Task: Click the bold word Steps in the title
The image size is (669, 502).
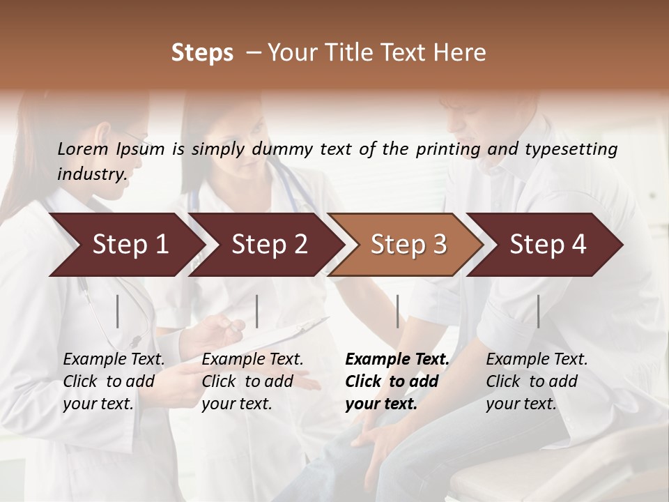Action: coord(202,52)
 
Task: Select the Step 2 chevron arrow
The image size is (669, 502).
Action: coord(269,245)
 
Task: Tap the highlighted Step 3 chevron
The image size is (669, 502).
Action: coord(408,245)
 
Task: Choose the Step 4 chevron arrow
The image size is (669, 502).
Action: coord(548,245)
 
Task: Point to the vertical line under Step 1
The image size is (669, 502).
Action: coord(118,311)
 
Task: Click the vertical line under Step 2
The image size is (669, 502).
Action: coord(257,311)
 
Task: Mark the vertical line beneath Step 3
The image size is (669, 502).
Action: coord(397,311)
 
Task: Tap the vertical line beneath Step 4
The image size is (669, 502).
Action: coord(538,311)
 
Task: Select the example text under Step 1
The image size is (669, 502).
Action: coord(114,381)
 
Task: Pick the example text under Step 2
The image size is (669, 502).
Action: coord(252,381)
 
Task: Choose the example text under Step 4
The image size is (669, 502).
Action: coord(537,381)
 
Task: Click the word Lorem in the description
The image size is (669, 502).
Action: coord(82,149)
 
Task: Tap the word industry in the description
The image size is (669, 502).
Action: coord(91,174)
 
